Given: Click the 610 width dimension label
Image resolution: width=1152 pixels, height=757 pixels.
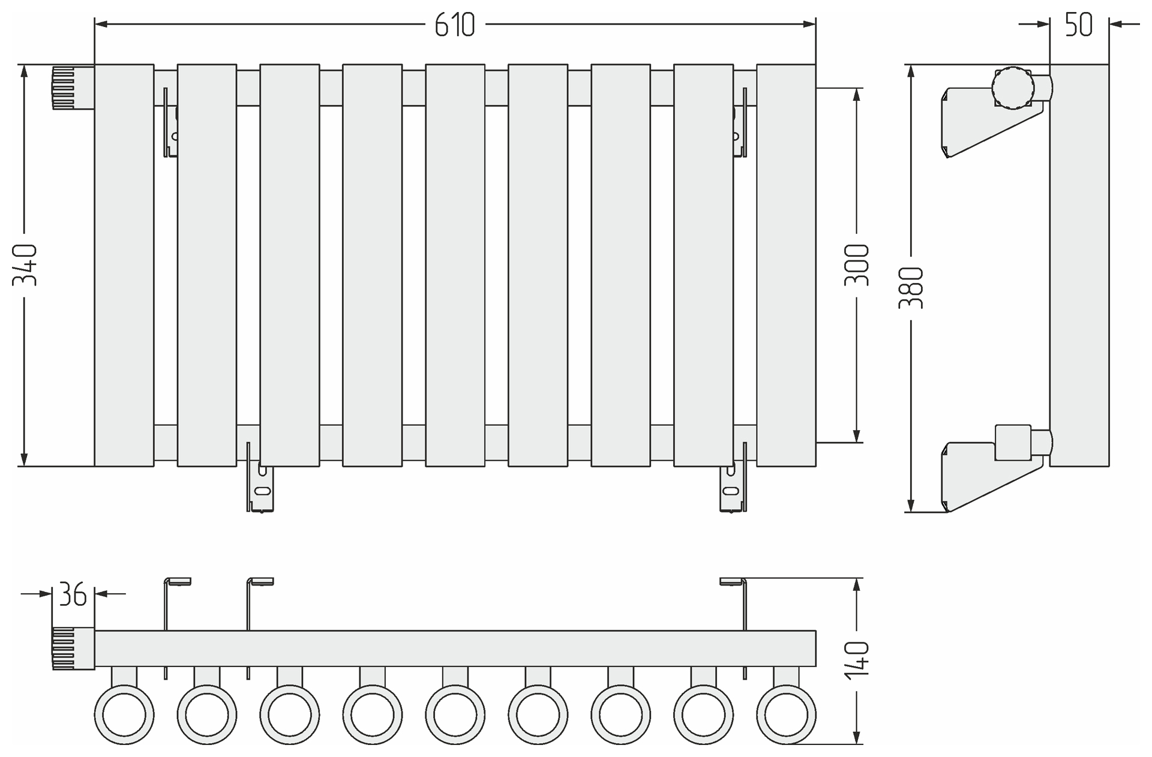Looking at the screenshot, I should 454,25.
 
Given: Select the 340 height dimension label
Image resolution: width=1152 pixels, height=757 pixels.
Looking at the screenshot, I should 26,265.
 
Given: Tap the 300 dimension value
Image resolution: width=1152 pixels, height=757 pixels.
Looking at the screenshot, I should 857,265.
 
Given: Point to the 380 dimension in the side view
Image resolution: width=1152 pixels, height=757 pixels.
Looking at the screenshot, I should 911,288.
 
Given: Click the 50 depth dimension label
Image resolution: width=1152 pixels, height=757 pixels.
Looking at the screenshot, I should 1078,25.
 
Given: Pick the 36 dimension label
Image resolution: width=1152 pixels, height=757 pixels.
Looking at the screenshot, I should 73,594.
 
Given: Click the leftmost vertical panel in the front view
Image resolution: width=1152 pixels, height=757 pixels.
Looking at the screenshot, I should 124,265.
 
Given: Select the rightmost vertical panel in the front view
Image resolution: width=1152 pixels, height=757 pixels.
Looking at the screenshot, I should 786,265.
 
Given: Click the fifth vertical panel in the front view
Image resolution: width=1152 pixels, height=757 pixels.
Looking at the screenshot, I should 455,265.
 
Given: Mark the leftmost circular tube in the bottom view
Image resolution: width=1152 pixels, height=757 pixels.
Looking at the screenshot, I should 124,715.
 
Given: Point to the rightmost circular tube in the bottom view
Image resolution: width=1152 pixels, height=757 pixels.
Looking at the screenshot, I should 786,715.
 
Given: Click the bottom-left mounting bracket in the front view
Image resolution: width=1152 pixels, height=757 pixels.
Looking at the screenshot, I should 260,487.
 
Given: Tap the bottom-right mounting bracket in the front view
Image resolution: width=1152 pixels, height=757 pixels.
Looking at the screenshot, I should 733,487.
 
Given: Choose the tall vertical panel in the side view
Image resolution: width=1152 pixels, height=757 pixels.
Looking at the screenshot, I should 1079,265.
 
